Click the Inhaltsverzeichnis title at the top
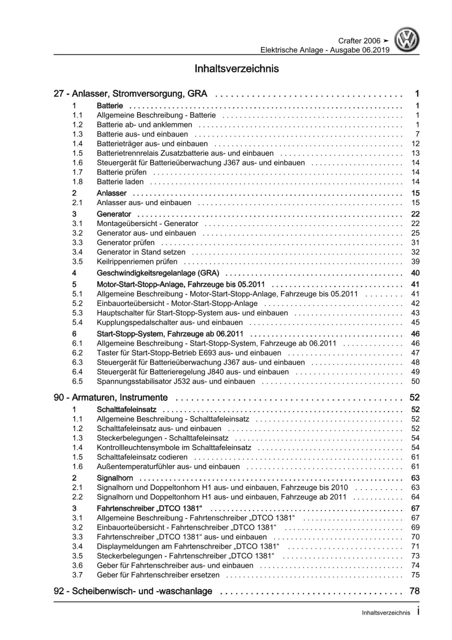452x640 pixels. [237, 69]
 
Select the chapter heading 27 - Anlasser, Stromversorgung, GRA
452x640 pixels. [130, 94]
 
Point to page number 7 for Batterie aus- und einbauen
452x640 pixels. [417, 134]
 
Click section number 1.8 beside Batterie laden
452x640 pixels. [77, 182]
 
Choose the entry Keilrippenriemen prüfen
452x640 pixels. [137, 261]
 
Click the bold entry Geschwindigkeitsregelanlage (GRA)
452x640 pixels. [158, 273]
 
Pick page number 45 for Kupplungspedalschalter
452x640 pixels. [415, 322]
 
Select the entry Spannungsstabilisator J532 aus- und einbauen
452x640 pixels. [176, 381]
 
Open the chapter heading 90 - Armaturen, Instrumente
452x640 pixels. [111, 398]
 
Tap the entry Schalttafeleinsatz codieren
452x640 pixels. [142, 457]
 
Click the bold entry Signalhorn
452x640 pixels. [115, 478]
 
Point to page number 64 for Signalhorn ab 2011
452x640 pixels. [415, 497]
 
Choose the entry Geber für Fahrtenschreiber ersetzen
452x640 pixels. [158, 575]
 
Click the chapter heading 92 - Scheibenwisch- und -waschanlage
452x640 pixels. [133, 591]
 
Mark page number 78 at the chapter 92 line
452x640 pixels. [414, 591]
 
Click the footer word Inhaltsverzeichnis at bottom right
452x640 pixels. [386, 612]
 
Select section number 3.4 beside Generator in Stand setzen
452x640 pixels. [77, 252]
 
